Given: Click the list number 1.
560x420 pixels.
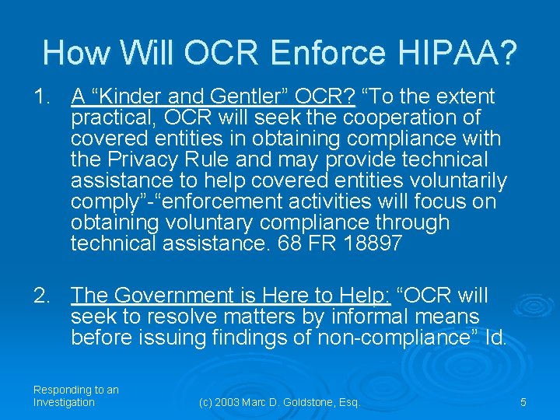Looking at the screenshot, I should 41,96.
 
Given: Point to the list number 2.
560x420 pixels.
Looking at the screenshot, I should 41,296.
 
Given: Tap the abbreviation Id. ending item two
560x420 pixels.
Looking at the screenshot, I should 495,338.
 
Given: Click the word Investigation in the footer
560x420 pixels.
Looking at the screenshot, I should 64,402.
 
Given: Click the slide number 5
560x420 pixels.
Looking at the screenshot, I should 523,402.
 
